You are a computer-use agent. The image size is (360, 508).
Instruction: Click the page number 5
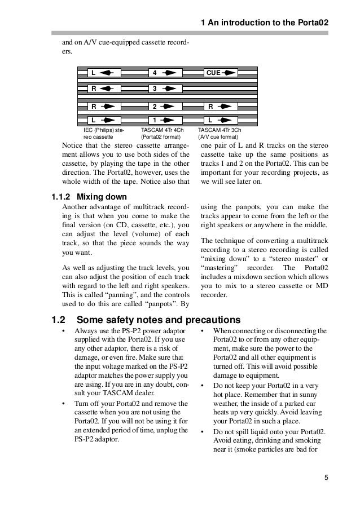(x=326, y=479)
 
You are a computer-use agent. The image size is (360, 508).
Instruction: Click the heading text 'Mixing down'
(x=102, y=197)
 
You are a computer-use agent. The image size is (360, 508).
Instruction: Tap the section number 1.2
(x=59, y=317)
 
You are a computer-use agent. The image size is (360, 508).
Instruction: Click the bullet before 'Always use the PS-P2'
(x=63, y=331)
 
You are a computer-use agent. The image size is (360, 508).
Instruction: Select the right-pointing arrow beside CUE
(x=229, y=73)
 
